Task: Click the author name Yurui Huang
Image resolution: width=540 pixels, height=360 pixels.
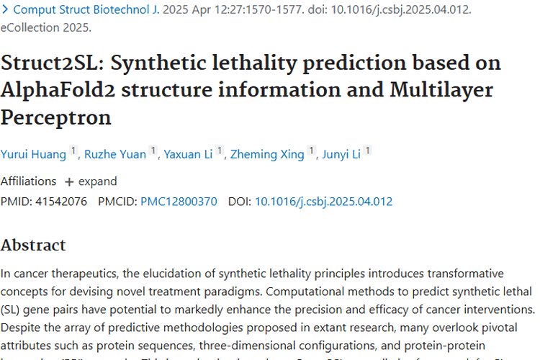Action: (x=33, y=153)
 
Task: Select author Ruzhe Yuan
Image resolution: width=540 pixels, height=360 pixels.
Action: (x=115, y=153)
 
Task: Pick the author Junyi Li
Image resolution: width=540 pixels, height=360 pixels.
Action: (x=342, y=153)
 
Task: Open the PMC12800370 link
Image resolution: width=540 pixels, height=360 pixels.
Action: (x=179, y=202)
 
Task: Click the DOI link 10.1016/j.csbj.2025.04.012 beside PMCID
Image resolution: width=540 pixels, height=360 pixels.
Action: (x=323, y=202)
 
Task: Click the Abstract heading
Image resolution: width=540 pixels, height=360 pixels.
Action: (x=33, y=245)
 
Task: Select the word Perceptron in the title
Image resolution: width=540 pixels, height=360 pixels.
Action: (x=56, y=117)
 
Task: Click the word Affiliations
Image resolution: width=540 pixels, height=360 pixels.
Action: (x=28, y=181)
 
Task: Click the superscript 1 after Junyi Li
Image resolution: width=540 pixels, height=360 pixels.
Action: (x=368, y=151)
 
